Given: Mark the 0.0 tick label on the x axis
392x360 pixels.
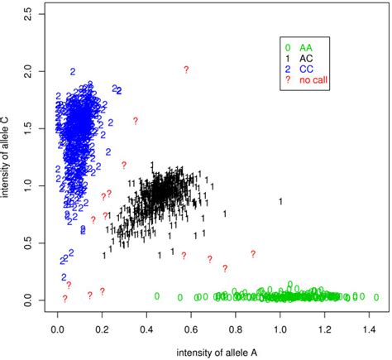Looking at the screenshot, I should (57, 328).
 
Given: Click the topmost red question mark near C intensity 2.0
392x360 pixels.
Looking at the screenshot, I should (186, 70).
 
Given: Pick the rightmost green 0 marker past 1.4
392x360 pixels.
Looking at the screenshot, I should (376, 297).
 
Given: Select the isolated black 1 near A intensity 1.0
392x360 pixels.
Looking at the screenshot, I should (280, 201).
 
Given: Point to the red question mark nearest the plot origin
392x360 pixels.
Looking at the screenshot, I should (65, 298).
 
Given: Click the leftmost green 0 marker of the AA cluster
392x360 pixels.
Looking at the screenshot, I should (156, 295).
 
